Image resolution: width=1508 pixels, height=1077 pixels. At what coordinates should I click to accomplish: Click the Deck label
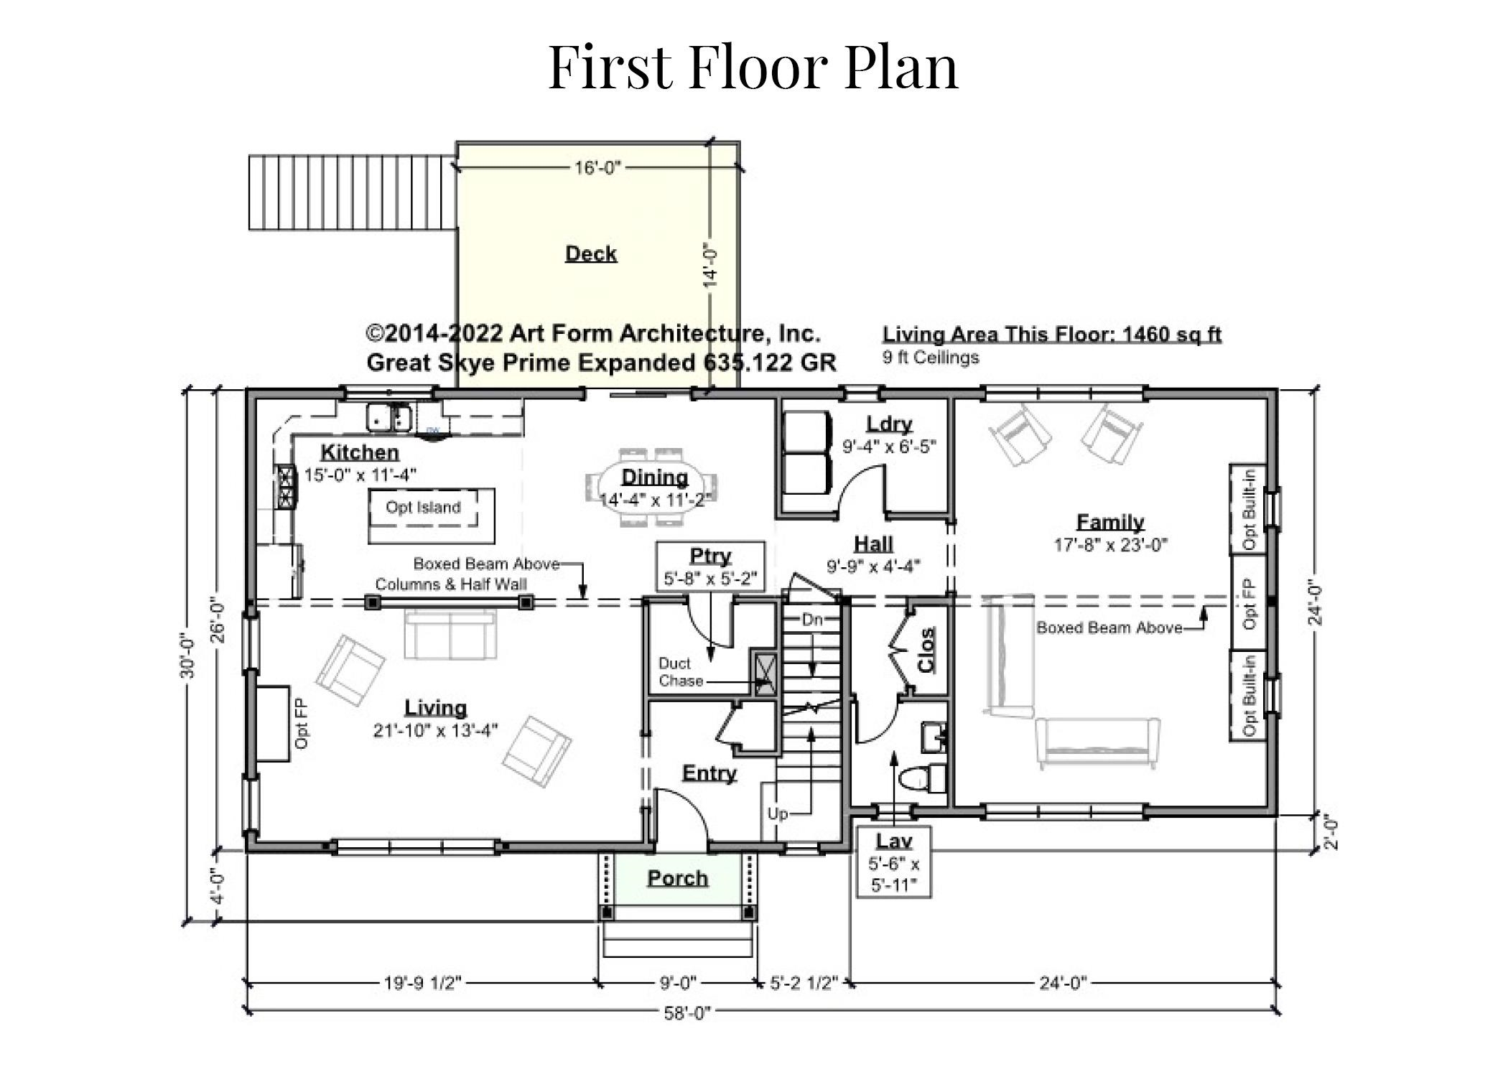[591, 253]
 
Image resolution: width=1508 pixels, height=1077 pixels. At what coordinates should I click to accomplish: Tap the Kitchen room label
[360, 452]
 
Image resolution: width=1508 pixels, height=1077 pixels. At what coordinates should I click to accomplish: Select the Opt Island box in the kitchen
[432, 516]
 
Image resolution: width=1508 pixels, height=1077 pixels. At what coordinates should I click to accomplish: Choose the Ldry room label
[889, 424]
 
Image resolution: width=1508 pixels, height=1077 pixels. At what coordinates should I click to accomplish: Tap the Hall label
[874, 544]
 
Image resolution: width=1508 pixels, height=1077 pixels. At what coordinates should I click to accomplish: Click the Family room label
[1110, 522]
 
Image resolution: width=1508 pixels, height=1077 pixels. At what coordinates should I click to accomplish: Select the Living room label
[436, 707]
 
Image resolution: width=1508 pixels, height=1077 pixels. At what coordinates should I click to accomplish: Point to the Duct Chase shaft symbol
[764, 673]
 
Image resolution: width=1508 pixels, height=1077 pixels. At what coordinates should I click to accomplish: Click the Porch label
[678, 878]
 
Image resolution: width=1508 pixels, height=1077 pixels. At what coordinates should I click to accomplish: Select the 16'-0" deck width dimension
[597, 167]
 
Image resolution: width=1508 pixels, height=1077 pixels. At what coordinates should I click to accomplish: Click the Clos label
[927, 650]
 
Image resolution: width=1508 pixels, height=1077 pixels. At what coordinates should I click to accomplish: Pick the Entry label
[709, 773]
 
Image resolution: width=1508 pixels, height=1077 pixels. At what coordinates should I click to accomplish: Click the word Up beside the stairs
[778, 813]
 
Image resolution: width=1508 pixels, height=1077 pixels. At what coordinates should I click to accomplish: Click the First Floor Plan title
[753, 66]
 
